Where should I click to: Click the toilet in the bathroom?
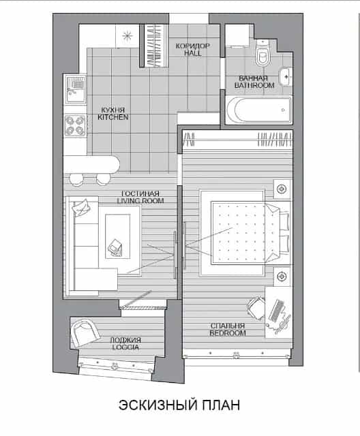(x=262, y=53)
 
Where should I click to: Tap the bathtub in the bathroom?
(x=258, y=110)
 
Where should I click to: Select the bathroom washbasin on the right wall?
(x=286, y=76)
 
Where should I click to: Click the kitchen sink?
(x=75, y=89)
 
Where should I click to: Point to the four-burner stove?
(x=75, y=125)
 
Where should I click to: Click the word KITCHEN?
(x=113, y=117)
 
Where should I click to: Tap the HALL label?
(x=192, y=53)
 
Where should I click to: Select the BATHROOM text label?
(x=254, y=85)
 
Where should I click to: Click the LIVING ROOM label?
(x=140, y=201)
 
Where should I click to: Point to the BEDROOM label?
(x=228, y=333)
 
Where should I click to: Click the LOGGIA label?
(x=125, y=347)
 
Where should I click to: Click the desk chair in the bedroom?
(x=255, y=307)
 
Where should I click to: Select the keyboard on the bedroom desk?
(x=275, y=311)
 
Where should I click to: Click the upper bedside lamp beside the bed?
(x=282, y=189)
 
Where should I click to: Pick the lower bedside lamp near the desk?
(x=282, y=277)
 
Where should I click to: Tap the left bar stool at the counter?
(x=76, y=180)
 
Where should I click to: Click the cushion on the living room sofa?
(x=80, y=207)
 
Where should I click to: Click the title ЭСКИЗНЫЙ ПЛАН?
(x=179, y=405)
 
